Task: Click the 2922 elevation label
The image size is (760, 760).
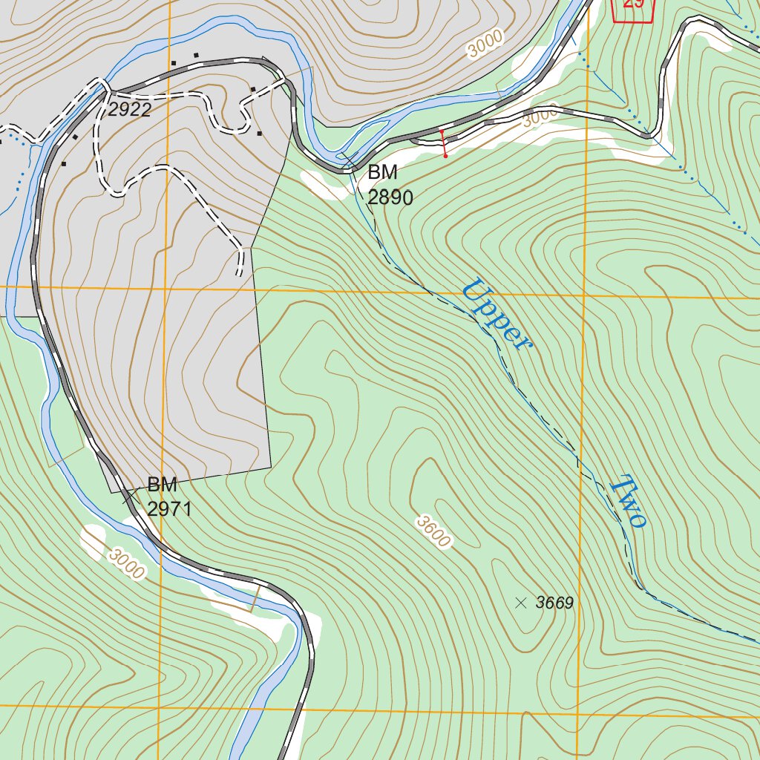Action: point(129,111)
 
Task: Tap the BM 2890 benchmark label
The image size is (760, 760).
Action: point(390,185)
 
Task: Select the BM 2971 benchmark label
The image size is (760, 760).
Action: point(169,497)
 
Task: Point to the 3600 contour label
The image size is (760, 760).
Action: point(433,532)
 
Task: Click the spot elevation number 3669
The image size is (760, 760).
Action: point(554,603)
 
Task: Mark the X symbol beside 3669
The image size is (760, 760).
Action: point(520,603)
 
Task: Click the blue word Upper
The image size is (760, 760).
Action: point(497,314)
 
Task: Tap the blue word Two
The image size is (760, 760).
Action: point(627,502)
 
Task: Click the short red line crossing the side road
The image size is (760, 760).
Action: point(443,143)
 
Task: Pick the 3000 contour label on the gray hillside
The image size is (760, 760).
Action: point(485,44)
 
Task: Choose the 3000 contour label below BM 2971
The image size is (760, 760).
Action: point(125,563)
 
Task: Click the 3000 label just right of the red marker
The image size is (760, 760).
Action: point(540,117)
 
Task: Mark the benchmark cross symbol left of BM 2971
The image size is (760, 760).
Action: point(129,496)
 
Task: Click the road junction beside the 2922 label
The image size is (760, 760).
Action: point(107,93)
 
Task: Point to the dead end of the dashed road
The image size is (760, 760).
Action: point(239,273)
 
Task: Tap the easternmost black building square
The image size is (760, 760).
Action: point(259,134)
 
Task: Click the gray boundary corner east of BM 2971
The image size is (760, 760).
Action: point(271,468)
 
